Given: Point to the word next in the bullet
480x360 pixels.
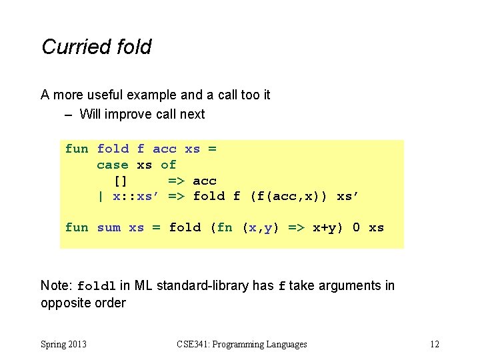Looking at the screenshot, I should tap(192, 114).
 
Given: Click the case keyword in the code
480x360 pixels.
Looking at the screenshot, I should tap(113, 165).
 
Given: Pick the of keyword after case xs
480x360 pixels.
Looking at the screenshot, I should tap(168, 165).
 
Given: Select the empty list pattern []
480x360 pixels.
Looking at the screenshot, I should tap(121, 181).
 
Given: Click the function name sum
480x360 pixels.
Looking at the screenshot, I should tap(109, 227).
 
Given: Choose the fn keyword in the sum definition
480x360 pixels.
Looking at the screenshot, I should tap(225, 227).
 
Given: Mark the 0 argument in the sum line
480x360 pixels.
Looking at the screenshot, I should tap(356, 227).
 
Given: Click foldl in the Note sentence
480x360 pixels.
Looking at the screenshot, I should tap(97, 287).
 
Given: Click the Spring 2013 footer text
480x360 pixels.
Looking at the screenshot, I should tap(64, 344).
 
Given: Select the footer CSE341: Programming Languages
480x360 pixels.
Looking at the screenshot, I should tap(242, 344).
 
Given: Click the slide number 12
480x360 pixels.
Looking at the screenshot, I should tap(434, 344).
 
